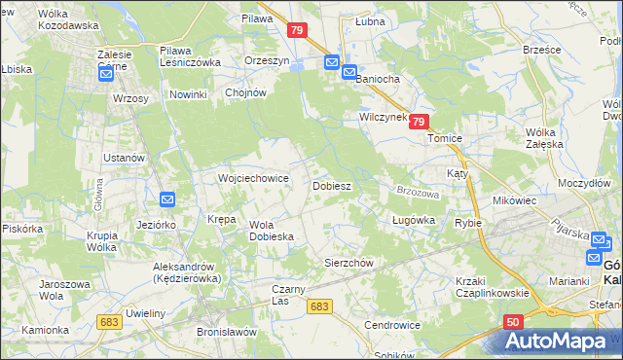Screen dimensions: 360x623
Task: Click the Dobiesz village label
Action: coord(331,185)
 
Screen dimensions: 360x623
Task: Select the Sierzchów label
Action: coord(348,263)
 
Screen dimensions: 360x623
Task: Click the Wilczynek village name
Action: coord(382,116)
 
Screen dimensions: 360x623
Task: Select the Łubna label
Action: coord(370,20)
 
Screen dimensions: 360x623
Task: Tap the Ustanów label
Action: coord(125,158)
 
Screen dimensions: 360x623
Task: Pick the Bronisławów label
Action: coord(226,331)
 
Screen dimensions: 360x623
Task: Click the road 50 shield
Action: coord(515,320)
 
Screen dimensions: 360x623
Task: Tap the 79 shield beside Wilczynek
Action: coord(418,122)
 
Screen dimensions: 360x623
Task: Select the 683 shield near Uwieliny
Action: coord(109,320)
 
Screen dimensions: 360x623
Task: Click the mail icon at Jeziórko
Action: coord(166,200)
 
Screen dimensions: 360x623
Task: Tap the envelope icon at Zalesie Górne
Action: coord(106,73)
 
